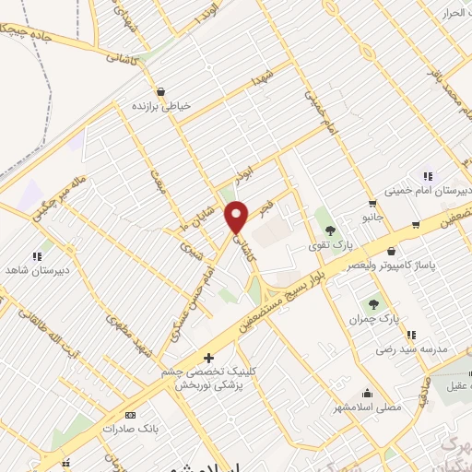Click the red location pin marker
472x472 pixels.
tap(238, 217)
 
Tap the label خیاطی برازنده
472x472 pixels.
tap(164, 106)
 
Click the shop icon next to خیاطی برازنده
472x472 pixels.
tap(163, 92)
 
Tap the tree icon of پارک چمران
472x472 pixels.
tap(373, 303)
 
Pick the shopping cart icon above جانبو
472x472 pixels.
tap(372, 204)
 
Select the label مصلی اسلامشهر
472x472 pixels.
tap(367, 406)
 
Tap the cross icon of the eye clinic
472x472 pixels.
tap(209, 358)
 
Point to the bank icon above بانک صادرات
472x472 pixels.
tap(129, 415)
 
